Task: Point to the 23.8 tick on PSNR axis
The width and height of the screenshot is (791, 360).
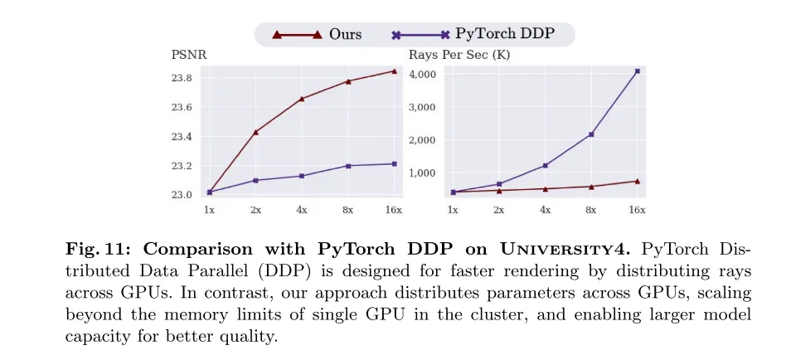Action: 182,78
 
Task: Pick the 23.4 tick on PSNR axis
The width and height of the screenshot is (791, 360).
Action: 182,137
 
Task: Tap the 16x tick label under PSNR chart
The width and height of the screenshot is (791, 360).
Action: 394,211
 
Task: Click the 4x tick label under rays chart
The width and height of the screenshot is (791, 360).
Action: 546,211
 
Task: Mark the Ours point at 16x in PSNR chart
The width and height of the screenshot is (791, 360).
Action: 395,71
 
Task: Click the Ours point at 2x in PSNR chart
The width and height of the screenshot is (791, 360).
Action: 255,132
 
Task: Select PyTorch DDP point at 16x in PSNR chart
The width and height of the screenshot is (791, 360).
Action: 395,163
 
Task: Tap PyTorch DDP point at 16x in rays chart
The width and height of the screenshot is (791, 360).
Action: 637,71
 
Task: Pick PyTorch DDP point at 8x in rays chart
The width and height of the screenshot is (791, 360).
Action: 591,134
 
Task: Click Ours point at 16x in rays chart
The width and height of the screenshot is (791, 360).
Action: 637,181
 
